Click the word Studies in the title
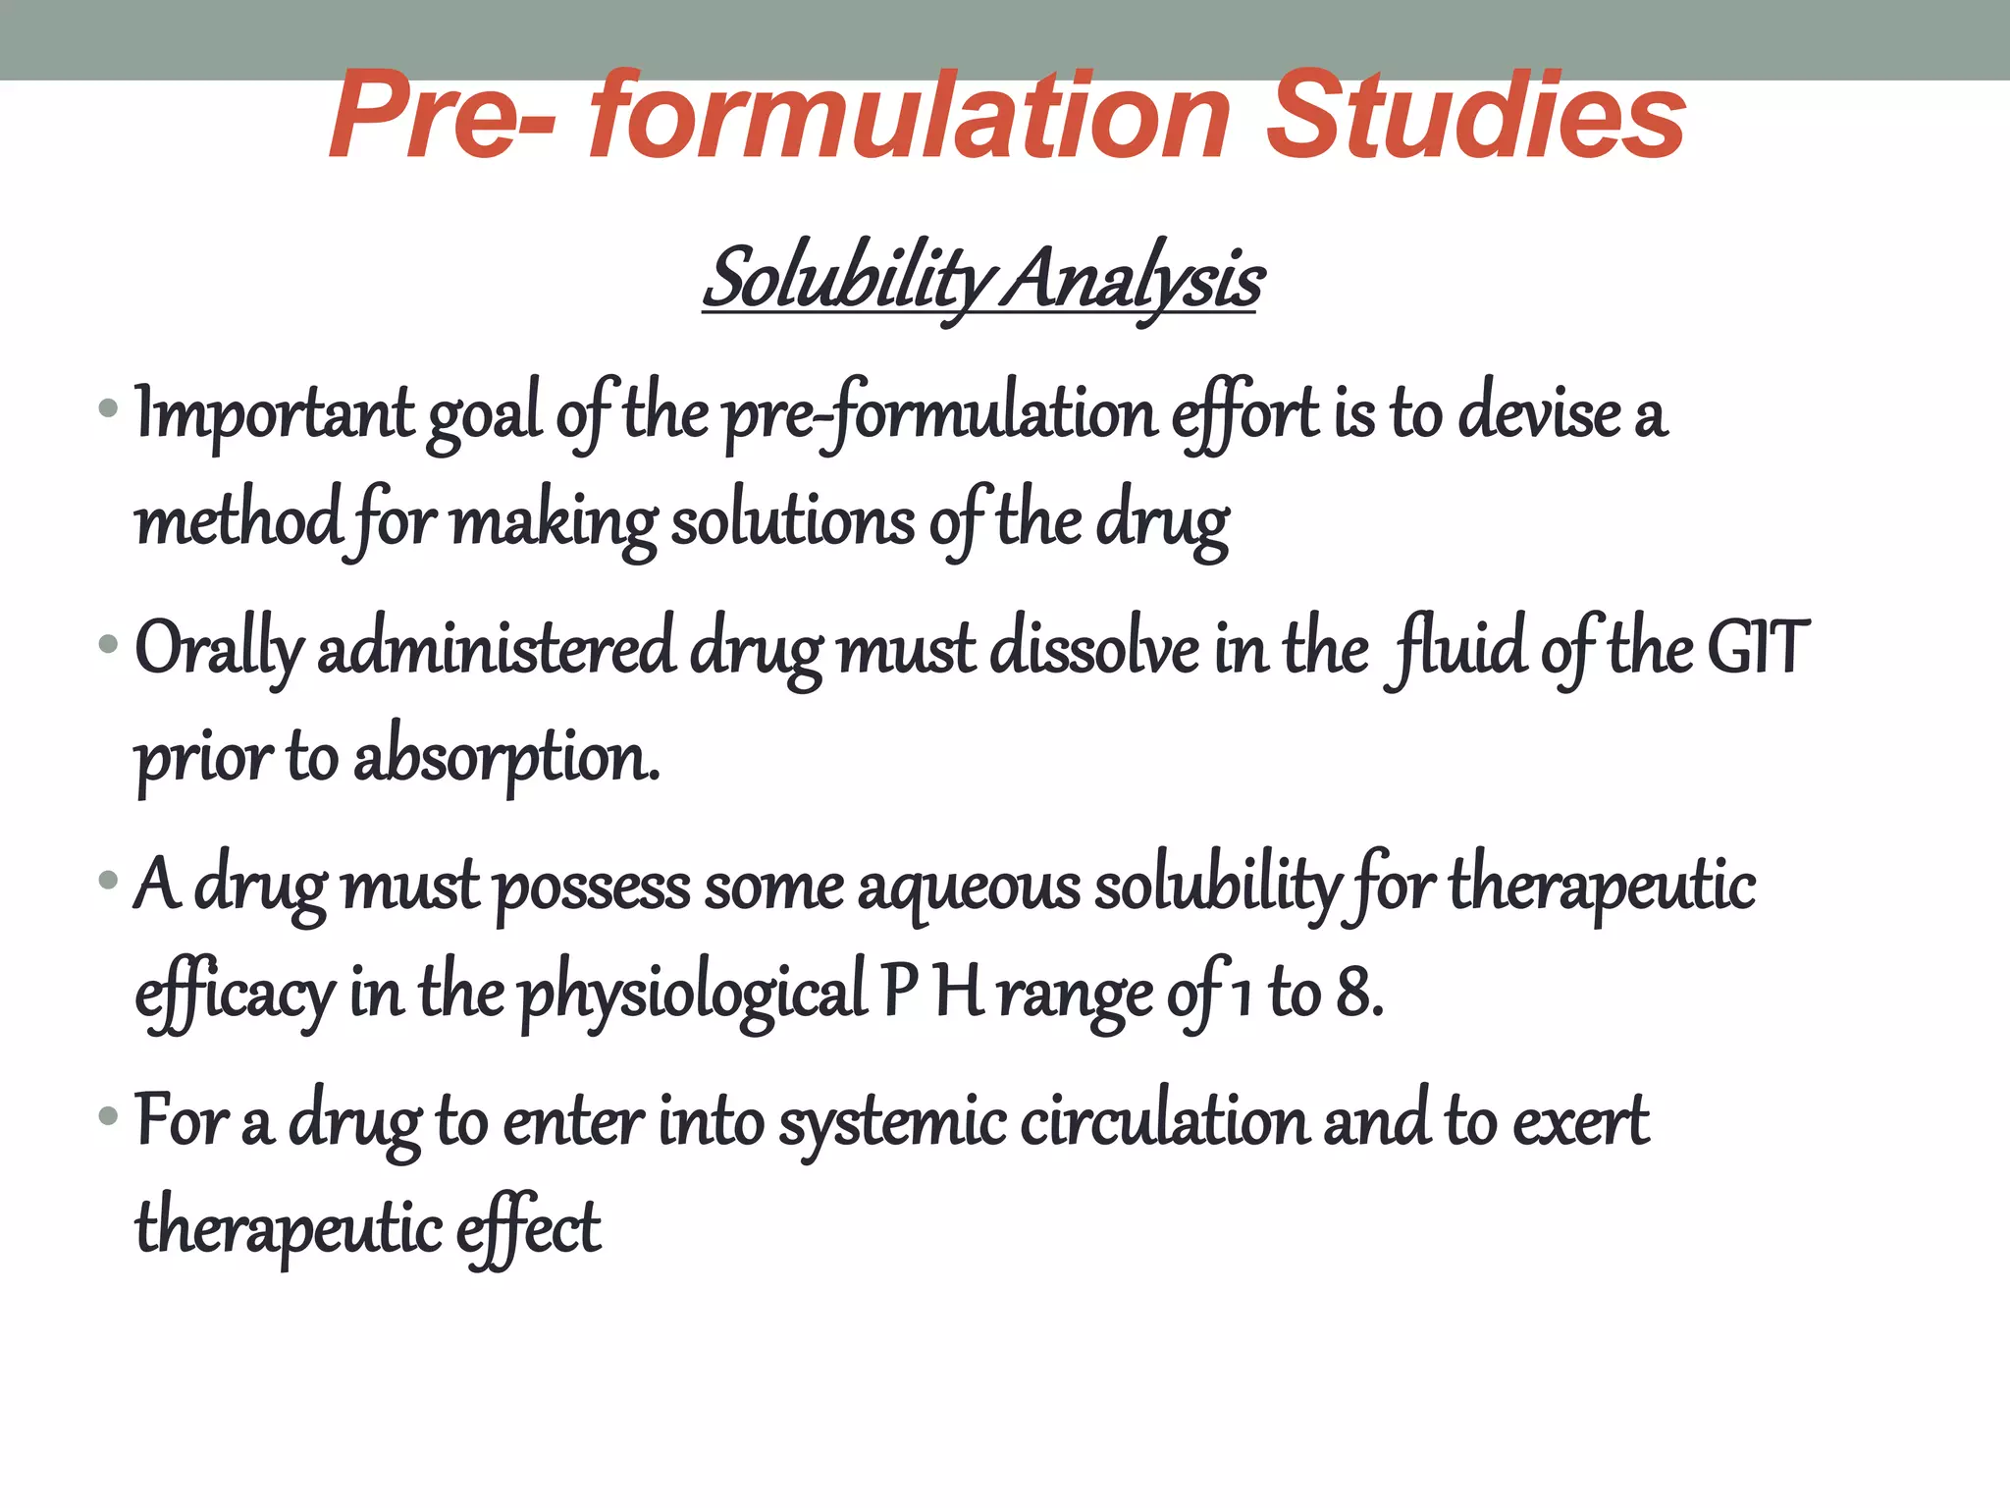(1475, 117)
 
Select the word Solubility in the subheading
(849, 279)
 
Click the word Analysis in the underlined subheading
(1136, 279)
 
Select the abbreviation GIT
(1758, 648)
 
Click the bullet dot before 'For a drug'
(108, 1116)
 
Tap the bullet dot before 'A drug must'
(108, 880)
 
